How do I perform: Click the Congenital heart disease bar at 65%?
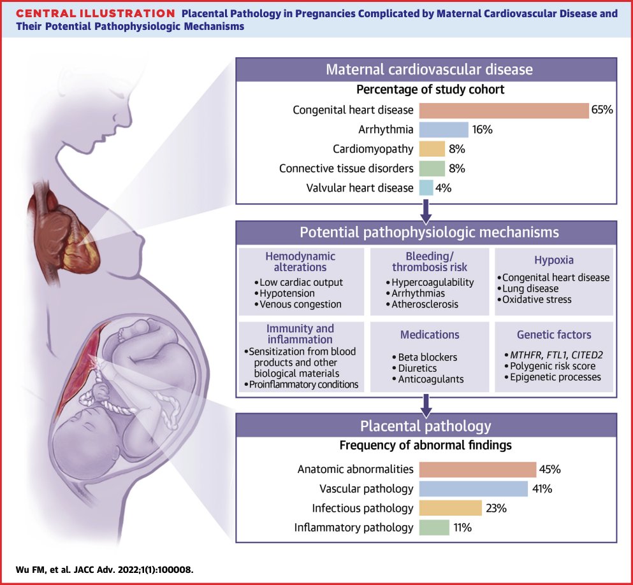pyautogui.click(x=504, y=110)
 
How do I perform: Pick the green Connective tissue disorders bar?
pyautogui.click(x=432, y=169)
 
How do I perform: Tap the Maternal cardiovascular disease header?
pyautogui.click(x=429, y=71)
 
